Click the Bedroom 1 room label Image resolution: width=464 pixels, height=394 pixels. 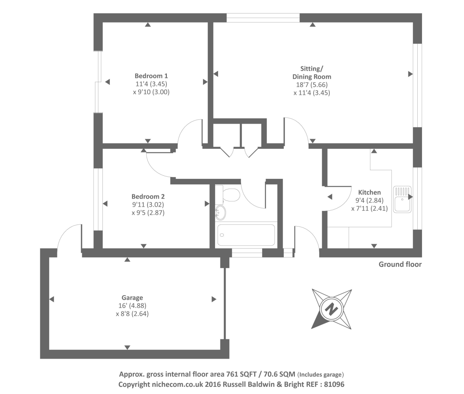tap(151, 76)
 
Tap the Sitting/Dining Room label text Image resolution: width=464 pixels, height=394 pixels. tap(312, 73)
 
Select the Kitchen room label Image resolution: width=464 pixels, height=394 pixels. tap(369, 192)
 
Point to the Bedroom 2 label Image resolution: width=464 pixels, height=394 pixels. tap(148, 197)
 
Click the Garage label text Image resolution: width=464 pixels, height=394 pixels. tap(132, 298)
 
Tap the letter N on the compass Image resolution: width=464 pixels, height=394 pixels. tap(331, 309)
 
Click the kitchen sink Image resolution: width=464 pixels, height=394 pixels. tap(402, 199)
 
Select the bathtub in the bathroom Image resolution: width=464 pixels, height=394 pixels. tap(246, 235)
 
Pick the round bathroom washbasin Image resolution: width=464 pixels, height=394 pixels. tap(220, 213)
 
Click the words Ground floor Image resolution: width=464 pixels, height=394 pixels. tap(400, 264)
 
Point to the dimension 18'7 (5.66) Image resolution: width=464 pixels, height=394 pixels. tap(312, 85)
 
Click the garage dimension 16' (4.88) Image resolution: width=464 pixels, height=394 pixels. tap(132, 306)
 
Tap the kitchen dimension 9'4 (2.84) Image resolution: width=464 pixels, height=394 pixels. tap(369, 200)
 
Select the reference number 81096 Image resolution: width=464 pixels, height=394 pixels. tap(334, 384)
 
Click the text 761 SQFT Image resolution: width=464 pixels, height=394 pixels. tap(241, 374)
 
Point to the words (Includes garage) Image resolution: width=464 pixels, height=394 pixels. tap(320, 375)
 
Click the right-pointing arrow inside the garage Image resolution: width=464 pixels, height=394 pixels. tap(214, 299)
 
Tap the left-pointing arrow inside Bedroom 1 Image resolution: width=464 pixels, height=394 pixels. tap(107, 82)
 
